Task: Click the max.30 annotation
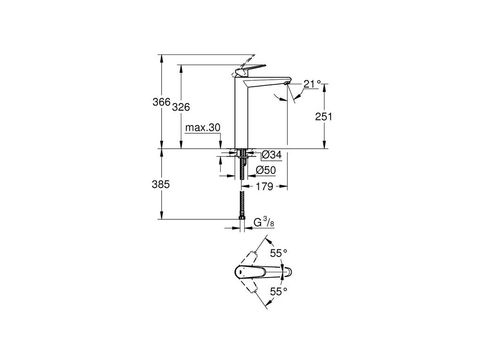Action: tap(202, 127)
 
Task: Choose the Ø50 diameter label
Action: tap(266, 171)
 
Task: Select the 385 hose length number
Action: tap(160, 185)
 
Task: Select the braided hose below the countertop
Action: tap(242, 197)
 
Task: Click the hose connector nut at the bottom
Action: tap(242, 217)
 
